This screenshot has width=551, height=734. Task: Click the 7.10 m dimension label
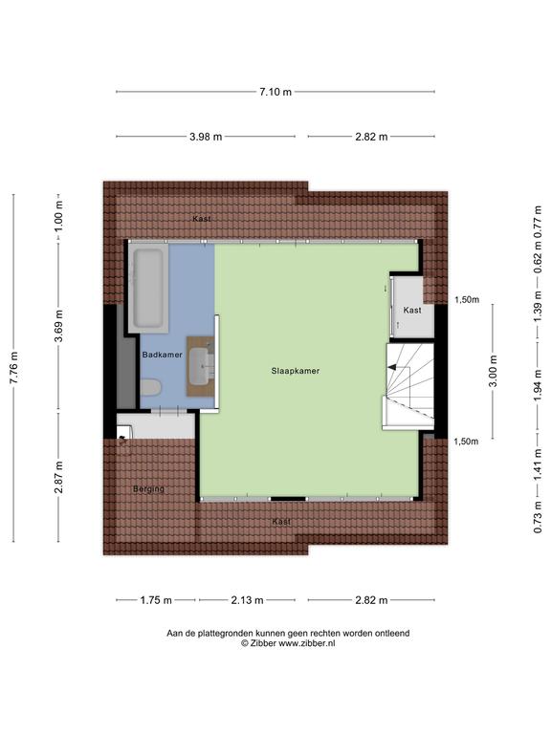point(275,92)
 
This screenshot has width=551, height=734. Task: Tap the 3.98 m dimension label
point(206,137)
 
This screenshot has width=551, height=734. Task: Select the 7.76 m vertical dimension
point(13,368)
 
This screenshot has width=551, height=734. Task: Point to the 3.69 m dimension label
point(58,326)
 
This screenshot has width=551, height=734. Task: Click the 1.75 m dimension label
point(156,600)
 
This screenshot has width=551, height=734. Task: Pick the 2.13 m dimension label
point(247,600)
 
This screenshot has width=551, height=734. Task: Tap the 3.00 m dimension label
point(493,372)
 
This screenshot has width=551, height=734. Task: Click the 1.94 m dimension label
point(538,384)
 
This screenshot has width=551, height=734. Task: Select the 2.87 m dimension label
point(58,477)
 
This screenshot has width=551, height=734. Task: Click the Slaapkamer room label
point(296,371)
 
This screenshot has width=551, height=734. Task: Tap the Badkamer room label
point(162,355)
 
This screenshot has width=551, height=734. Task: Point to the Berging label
point(148,489)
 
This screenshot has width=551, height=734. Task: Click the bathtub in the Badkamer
point(148,288)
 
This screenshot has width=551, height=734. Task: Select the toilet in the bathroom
point(150,388)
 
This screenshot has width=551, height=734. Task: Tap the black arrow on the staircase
point(391,367)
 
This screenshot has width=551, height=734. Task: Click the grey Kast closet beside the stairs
point(412,307)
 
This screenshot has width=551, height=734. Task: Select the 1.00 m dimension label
point(58,216)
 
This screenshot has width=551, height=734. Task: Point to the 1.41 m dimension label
point(538,464)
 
